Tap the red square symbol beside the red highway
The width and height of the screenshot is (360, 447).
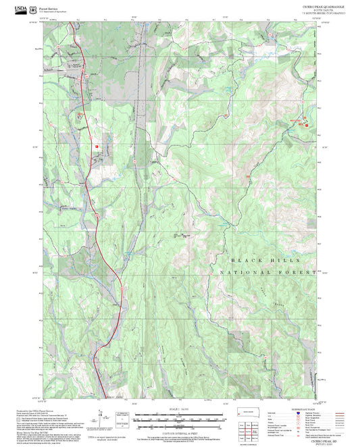[x=97, y=145]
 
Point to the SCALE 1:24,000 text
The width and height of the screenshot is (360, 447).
[x=178, y=409]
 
